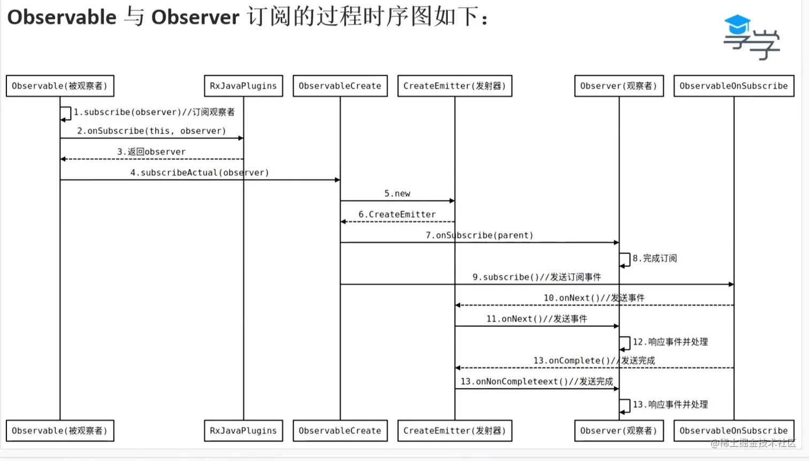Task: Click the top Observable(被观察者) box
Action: click(x=60, y=86)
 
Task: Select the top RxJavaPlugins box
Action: click(x=243, y=86)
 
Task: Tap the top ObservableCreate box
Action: click(x=340, y=86)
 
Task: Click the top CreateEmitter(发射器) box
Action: click(x=454, y=86)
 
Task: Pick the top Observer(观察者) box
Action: click(x=619, y=86)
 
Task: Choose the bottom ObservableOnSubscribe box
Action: click(x=734, y=431)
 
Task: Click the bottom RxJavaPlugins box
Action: click(x=243, y=431)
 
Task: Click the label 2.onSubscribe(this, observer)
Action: click(x=151, y=131)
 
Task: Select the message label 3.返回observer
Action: click(x=151, y=152)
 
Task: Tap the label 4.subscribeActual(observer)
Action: click(x=200, y=173)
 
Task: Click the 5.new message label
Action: click(x=397, y=193)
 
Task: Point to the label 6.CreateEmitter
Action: click(x=397, y=214)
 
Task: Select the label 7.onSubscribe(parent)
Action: click(x=479, y=235)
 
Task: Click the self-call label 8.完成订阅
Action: click(x=654, y=259)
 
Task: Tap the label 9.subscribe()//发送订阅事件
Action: click(x=537, y=277)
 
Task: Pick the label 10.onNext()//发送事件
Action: click(x=594, y=298)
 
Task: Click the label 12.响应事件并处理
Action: click(x=670, y=342)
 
